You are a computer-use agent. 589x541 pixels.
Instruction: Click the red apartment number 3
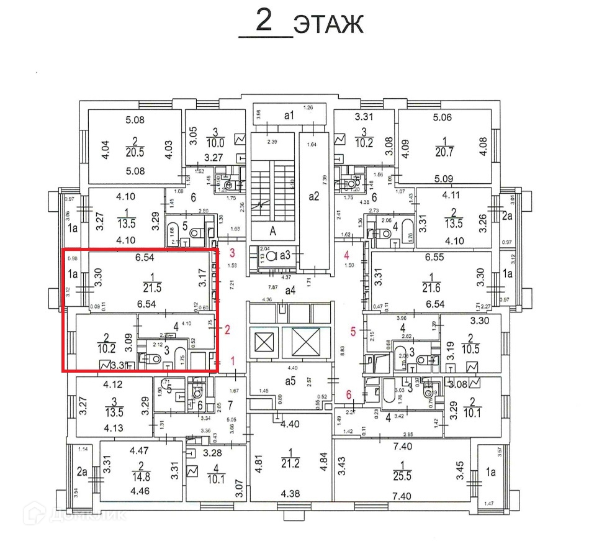tap(233, 253)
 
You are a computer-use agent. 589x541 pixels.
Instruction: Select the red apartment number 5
tap(354, 332)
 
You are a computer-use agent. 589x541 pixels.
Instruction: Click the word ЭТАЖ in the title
tap(328, 25)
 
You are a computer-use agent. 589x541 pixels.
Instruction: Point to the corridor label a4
tap(290, 290)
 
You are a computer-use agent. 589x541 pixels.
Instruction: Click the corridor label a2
tap(315, 198)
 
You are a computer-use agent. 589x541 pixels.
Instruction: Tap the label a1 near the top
tap(289, 115)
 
